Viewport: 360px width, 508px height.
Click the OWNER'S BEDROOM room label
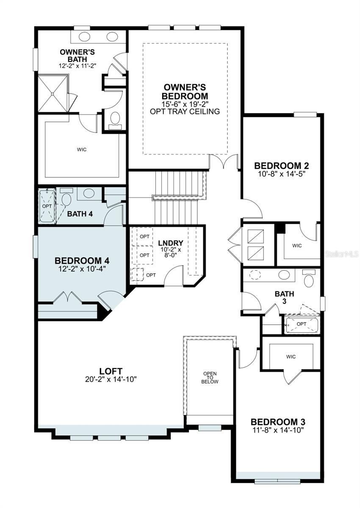[185, 91]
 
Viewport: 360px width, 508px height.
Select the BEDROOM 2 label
[281, 166]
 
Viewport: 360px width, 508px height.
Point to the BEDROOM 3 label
[278, 422]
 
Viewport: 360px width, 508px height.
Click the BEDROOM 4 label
[82, 261]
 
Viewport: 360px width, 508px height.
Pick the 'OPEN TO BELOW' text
[210, 378]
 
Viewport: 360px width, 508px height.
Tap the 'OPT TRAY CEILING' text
[185, 111]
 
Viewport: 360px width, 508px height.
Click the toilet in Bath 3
[309, 278]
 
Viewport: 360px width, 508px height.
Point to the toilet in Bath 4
[66, 197]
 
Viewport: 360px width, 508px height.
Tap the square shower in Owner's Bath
[53, 94]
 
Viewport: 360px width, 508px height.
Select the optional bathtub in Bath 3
[302, 325]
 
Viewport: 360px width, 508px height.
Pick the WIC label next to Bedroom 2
[297, 246]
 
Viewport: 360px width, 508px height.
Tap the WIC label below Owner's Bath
[82, 149]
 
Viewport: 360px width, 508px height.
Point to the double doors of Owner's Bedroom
[224, 161]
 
